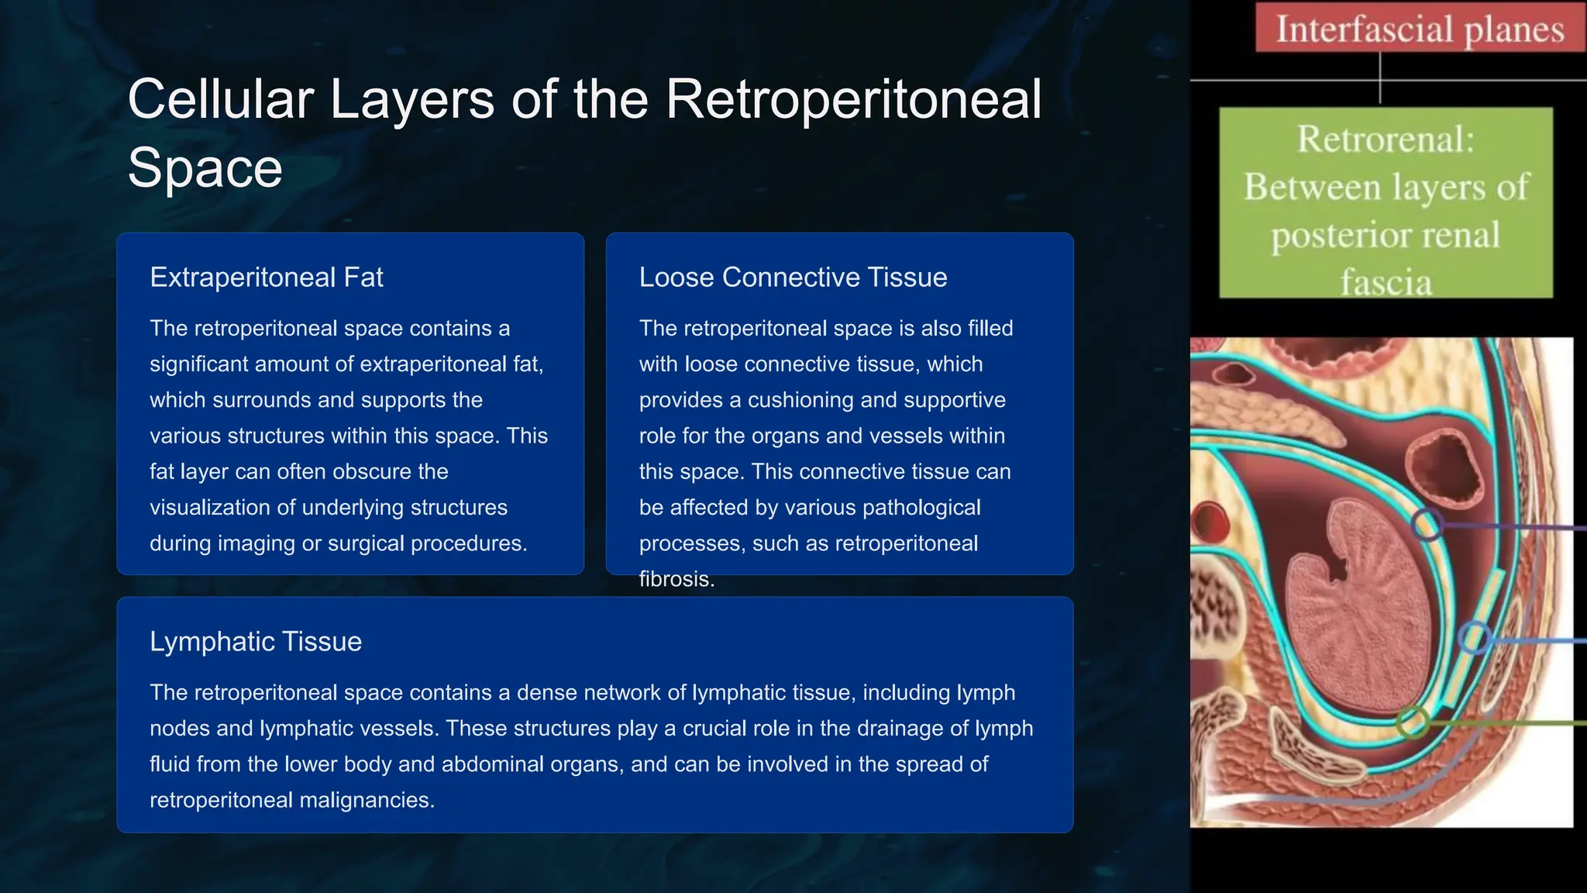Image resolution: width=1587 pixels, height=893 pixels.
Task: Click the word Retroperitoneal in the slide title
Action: click(x=853, y=99)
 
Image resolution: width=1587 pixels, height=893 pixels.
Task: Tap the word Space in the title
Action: click(x=205, y=167)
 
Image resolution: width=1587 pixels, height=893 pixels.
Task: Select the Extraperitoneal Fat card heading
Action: click(x=267, y=278)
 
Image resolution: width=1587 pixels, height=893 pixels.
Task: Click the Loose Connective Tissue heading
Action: click(x=793, y=278)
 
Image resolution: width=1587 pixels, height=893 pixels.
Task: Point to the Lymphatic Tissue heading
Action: click(x=256, y=642)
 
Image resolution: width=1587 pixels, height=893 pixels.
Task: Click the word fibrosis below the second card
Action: click(x=676, y=579)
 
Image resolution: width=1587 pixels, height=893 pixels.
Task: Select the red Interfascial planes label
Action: click(x=1420, y=29)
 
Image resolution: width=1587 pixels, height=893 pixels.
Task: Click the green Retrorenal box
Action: click(x=1386, y=203)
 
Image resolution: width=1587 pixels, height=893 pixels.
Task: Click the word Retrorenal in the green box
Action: click(x=1386, y=140)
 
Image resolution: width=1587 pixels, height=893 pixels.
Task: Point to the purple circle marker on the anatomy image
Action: click(x=1427, y=525)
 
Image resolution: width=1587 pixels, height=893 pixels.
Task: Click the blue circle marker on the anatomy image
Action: click(x=1474, y=638)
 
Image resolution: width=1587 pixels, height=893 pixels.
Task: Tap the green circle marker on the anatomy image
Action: click(x=1413, y=722)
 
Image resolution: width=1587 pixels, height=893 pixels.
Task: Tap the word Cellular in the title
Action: click(x=221, y=99)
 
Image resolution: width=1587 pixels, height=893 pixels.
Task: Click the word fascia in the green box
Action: click(x=1386, y=282)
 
